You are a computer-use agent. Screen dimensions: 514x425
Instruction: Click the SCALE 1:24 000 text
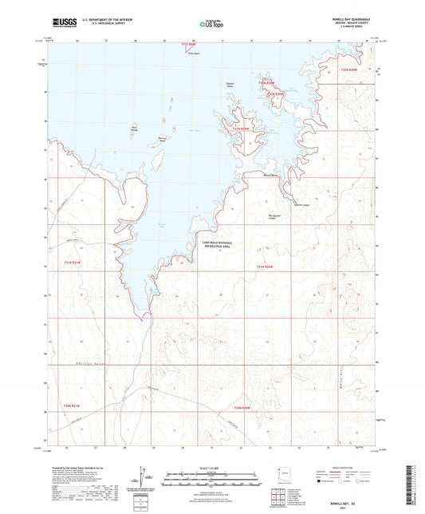coord(212,467)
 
